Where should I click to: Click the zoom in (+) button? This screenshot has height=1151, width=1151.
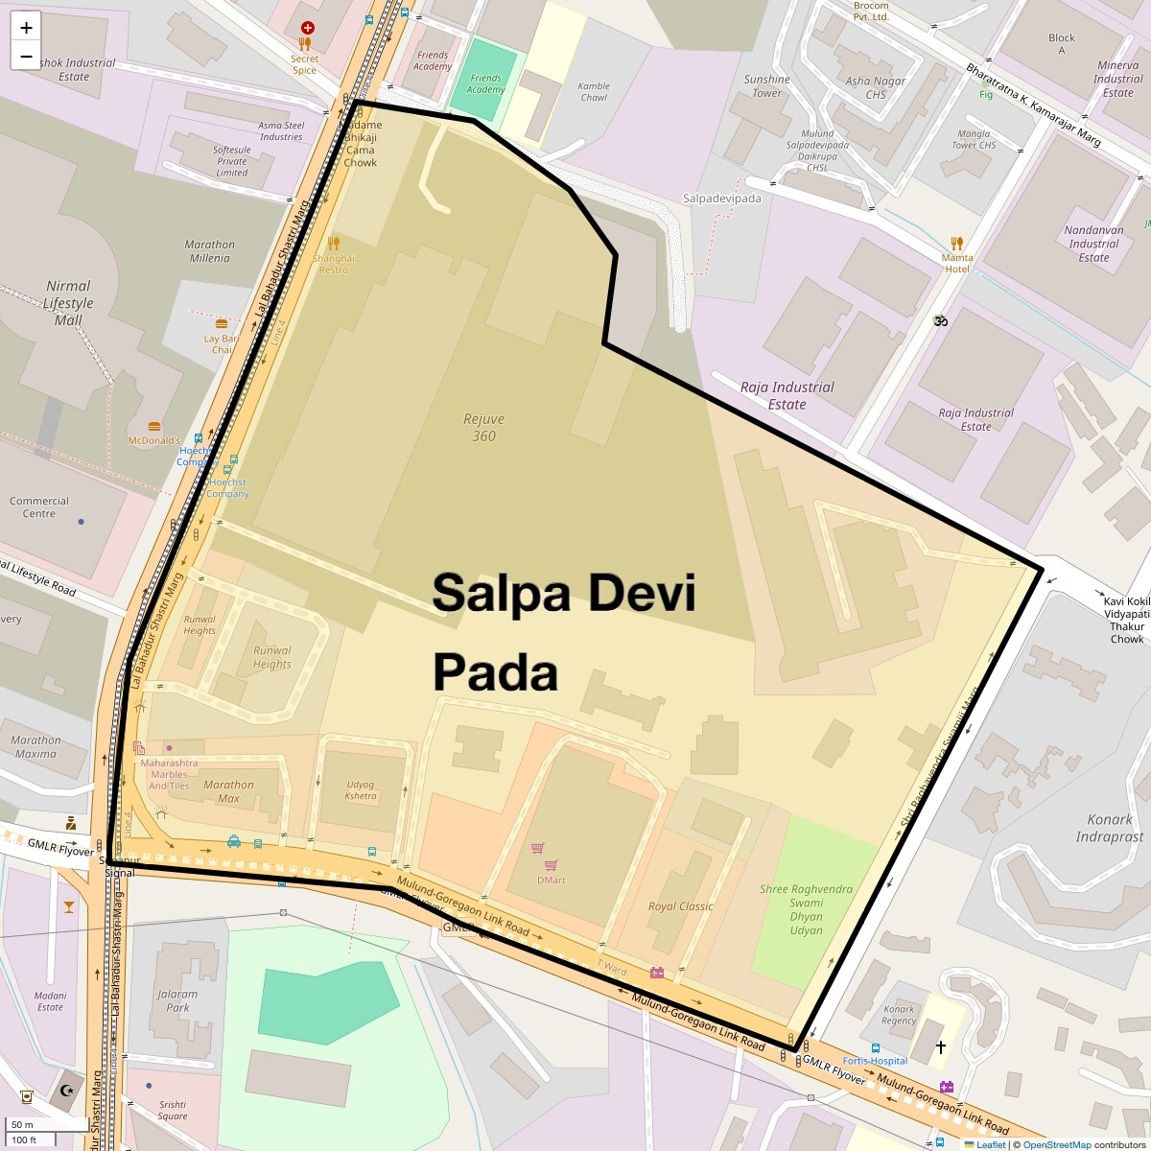click(x=26, y=28)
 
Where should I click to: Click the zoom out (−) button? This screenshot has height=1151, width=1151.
click(x=26, y=57)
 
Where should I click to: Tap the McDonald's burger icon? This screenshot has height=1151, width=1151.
click(x=154, y=426)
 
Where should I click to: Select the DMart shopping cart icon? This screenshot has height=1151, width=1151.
click(x=538, y=849)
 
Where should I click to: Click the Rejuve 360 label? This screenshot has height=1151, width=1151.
click(x=483, y=428)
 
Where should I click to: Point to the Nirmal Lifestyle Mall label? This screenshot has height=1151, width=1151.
click(x=68, y=303)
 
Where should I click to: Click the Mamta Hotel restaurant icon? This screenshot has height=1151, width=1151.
click(x=956, y=244)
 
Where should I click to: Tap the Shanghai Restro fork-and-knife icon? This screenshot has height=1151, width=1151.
click(x=334, y=244)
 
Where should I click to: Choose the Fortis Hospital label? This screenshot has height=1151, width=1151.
click(x=875, y=1061)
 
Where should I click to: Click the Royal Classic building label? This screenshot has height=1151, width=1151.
click(x=681, y=906)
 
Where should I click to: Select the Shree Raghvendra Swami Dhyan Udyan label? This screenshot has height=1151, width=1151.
click(x=806, y=909)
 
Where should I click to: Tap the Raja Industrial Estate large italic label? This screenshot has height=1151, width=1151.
click(x=787, y=395)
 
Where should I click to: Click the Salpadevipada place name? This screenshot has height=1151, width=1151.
click(x=721, y=199)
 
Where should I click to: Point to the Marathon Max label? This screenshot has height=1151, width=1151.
click(x=228, y=791)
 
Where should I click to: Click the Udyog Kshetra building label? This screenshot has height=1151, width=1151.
click(x=361, y=790)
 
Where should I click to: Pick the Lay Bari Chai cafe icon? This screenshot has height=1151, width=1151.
click(x=222, y=324)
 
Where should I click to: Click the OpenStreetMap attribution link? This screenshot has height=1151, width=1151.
click(x=1056, y=1144)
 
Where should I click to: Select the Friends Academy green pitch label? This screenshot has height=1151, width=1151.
click(x=485, y=84)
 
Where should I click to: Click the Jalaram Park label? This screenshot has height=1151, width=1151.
click(x=177, y=1000)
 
